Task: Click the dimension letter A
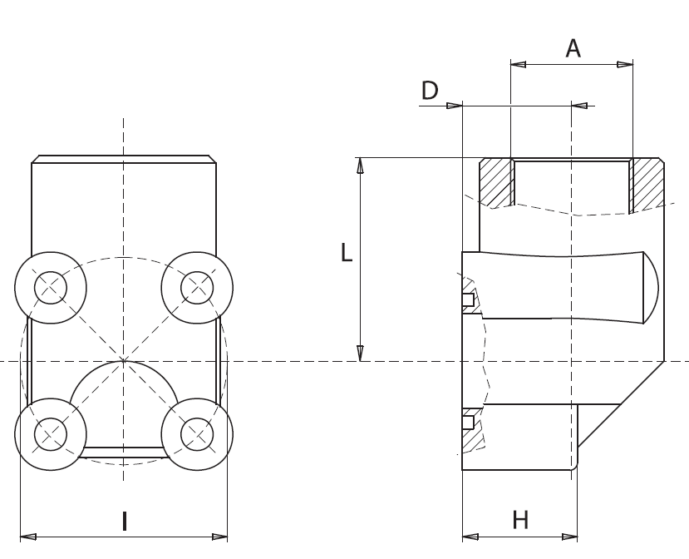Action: [x=573, y=49]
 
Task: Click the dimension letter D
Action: [x=430, y=91]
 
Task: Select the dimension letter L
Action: [x=347, y=252]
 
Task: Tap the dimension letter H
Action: [x=520, y=521]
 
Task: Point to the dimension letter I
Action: [x=125, y=522]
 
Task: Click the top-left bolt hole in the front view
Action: [x=51, y=287]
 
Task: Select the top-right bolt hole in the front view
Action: [x=197, y=287]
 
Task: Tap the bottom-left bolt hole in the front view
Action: [x=51, y=434]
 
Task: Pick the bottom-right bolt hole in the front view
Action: [x=197, y=434]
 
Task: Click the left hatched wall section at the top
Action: [x=497, y=183]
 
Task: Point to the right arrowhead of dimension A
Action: [x=625, y=64]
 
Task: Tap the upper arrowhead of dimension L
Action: [x=360, y=166]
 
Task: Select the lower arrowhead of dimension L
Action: [x=360, y=354]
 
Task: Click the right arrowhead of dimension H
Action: [x=569, y=537]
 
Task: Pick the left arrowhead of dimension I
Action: [x=27, y=537]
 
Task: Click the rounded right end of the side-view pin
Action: [x=650, y=287]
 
